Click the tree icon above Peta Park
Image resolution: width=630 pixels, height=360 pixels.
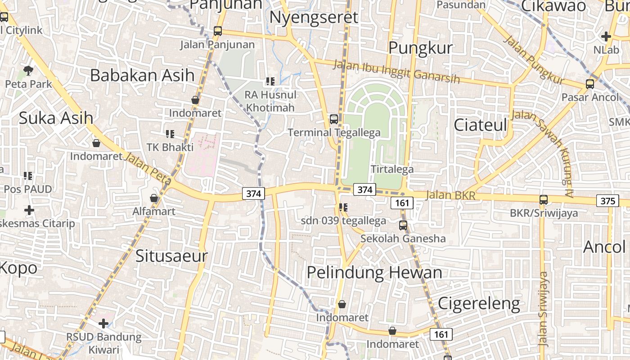click(28, 70)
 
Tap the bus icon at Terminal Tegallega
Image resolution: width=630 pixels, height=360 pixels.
click(333, 119)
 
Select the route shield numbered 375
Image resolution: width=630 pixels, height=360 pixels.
click(608, 201)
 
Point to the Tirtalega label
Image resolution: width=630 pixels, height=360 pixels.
click(392, 169)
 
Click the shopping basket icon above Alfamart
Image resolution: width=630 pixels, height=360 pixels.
click(154, 198)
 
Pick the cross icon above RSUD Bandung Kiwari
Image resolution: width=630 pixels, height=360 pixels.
click(103, 323)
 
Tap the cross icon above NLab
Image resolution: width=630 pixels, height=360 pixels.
click(606, 36)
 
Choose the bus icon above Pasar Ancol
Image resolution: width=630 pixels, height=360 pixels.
click(589, 84)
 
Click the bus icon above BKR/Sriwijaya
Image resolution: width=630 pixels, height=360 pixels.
click(544, 199)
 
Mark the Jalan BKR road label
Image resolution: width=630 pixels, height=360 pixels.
click(444, 195)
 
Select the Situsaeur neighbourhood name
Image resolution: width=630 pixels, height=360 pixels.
click(171, 256)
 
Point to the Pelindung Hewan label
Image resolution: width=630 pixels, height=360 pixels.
click(374, 272)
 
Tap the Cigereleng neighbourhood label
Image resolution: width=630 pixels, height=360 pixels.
click(479, 303)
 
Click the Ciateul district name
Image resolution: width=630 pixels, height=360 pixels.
click(480, 125)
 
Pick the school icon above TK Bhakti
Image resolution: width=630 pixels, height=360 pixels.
click(170, 134)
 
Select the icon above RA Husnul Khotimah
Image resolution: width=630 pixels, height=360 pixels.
click(270, 81)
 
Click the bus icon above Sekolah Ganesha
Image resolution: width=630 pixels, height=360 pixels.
click(403, 225)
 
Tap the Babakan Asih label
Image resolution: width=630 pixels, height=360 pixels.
click(142, 75)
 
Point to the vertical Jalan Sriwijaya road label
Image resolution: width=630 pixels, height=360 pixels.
click(544, 308)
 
